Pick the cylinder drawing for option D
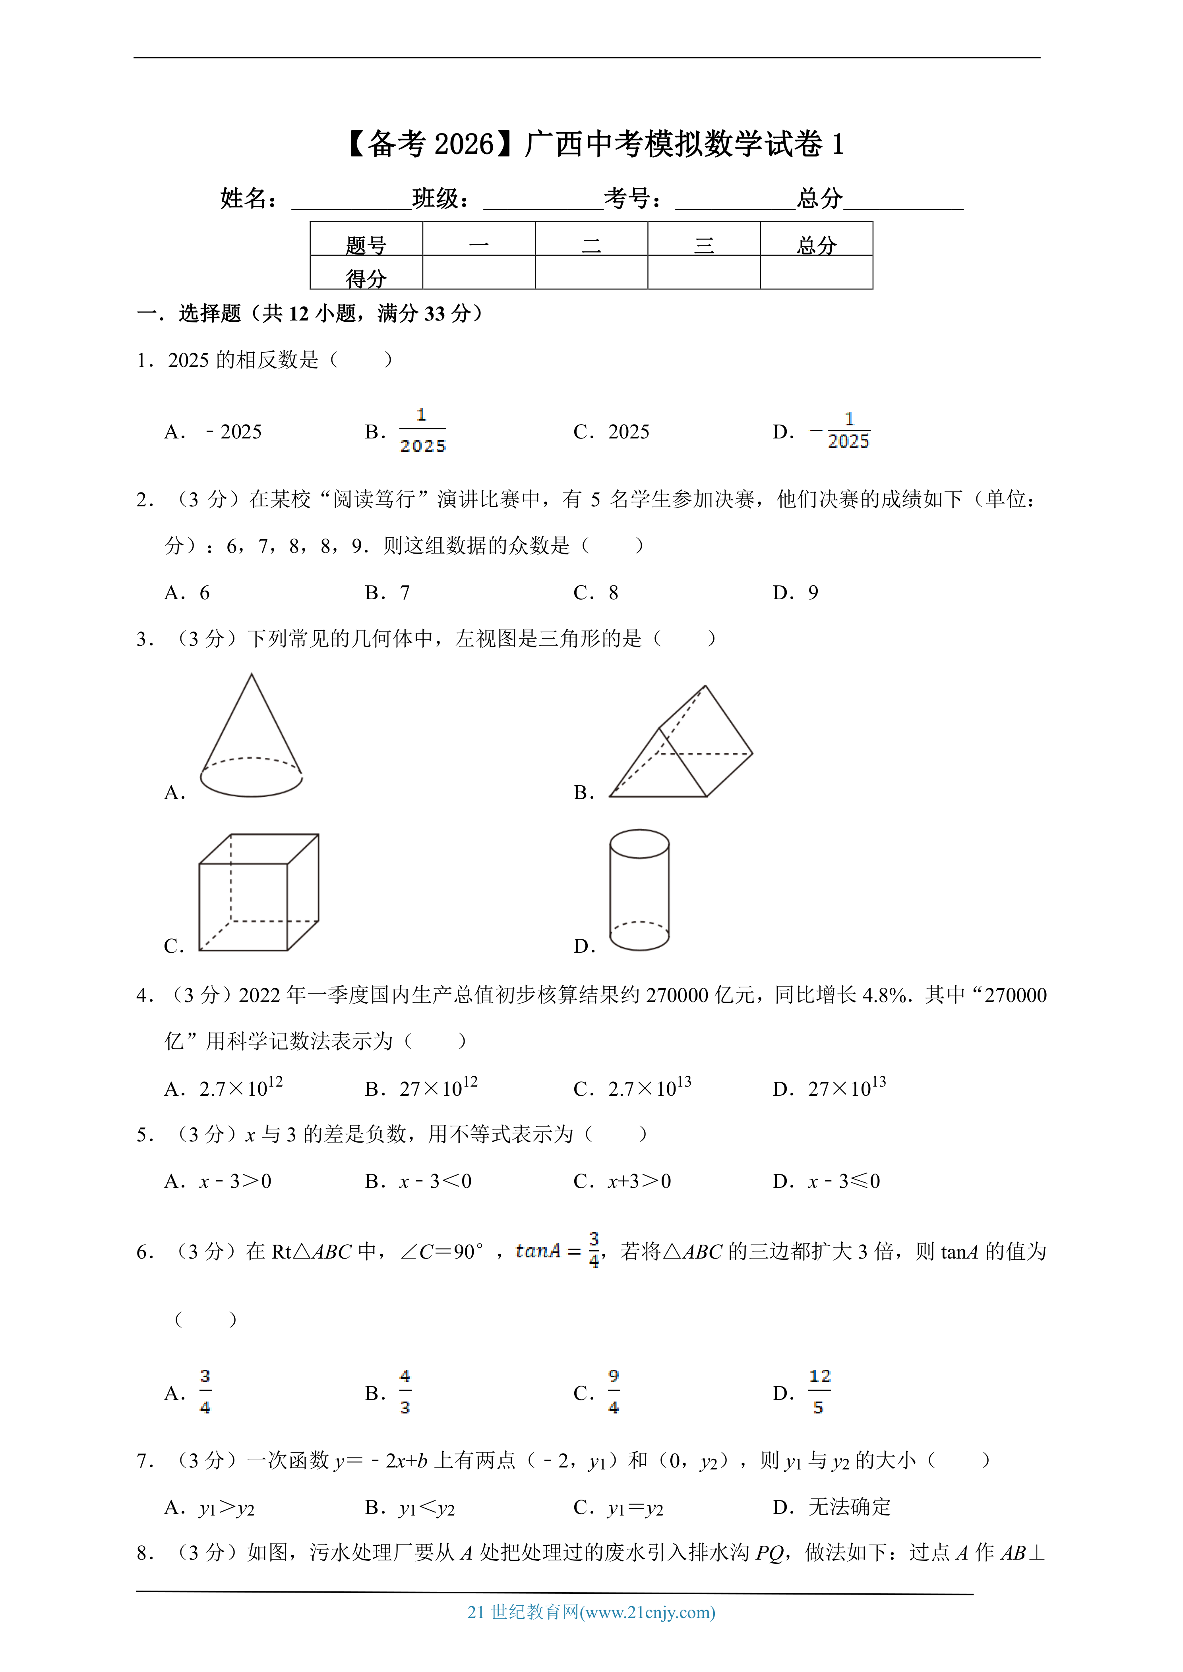(x=639, y=890)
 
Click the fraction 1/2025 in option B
(x=422, y=431)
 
